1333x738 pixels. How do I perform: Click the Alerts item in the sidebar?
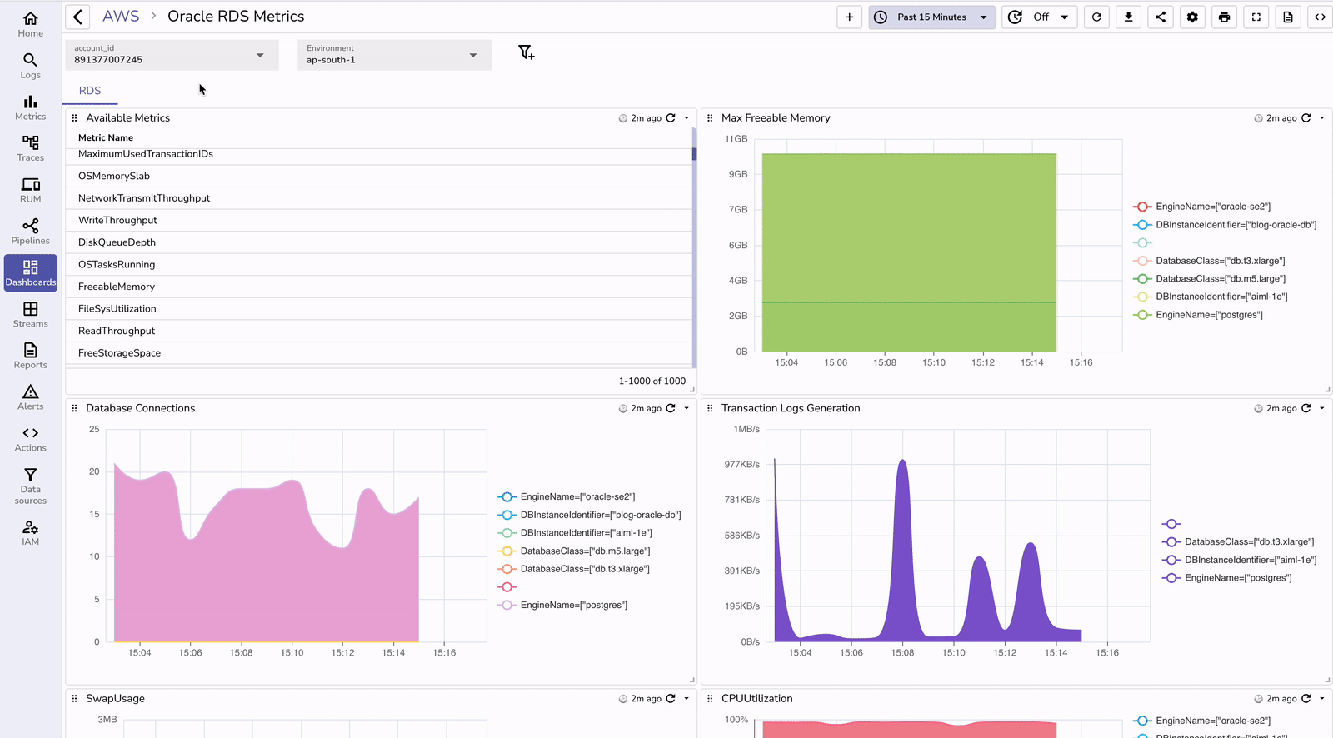(31, 397)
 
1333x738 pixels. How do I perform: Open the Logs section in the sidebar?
(31, 66)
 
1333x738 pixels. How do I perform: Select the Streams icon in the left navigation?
(31, 314)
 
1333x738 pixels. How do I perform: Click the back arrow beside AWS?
(77, 17)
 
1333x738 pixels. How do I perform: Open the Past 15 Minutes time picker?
(931, 17)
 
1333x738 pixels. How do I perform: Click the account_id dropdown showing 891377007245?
(171, 55)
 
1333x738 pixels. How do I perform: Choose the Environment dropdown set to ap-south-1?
(393, 55)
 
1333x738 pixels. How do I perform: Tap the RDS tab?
(90, 91)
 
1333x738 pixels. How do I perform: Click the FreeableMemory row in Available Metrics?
(117, 287)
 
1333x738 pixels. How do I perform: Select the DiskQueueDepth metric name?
(117, 242)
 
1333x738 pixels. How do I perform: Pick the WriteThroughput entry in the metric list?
(117, 220)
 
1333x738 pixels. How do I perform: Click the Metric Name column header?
(106, 138)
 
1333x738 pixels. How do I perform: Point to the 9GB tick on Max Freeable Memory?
(738, 174)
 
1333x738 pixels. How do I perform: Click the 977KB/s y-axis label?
(741, 465)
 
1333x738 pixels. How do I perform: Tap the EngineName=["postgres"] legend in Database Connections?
(573, 606)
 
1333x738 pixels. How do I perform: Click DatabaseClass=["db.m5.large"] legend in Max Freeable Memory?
(1220, 279)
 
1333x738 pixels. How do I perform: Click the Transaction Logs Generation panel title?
(790, 408)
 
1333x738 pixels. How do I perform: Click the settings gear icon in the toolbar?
(1192, 17)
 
